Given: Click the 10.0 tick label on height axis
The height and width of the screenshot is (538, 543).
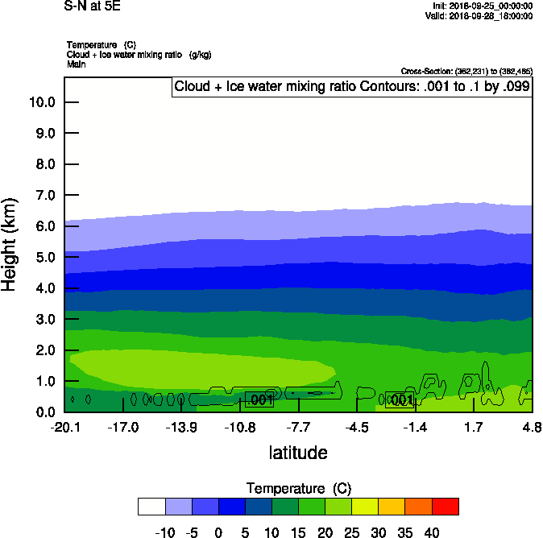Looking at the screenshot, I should pyautogui.click(x=41, y=102).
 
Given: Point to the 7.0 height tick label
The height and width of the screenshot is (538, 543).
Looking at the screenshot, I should pyautogui.click(x=44, y=196).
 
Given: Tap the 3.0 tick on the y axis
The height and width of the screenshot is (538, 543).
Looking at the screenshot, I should pyautogui.click(x=44, y=320).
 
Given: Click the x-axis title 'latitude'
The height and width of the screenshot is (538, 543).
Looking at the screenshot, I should pyautogui.click(x=298, y=453).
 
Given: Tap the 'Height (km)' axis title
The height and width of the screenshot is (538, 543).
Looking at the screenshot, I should pyautogui.click(x=10, y=244).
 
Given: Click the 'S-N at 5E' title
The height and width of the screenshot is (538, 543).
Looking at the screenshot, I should pyautogui.click(x=91, y=6).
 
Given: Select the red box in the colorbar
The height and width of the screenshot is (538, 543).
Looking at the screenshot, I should pyautogui.click(x=446, y=507).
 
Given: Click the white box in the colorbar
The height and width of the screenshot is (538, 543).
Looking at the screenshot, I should pyautogui.click(x=151, y=507).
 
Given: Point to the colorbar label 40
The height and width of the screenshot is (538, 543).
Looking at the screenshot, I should pyautogui.click(x=432, y=532).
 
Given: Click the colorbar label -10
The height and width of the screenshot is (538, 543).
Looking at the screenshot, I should pyautogui.click(x=165, y=532).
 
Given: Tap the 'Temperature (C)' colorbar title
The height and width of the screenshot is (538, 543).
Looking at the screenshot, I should pyautogui.click(x=299, y=489).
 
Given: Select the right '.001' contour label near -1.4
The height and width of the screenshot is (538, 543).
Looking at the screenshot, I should pyautogui.click(x=400, y=400).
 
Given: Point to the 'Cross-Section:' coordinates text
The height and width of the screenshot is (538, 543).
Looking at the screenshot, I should pyautogui.click(x=466, y=72).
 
